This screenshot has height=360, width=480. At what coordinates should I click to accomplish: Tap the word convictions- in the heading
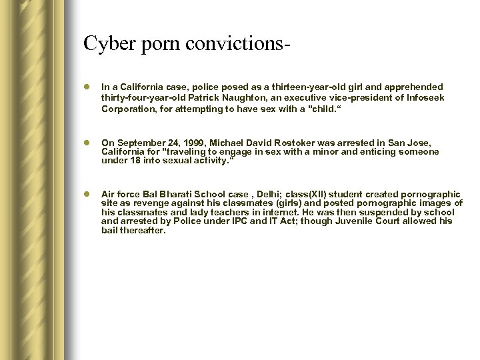231,43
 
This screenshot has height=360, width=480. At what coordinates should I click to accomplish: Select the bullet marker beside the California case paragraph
87,87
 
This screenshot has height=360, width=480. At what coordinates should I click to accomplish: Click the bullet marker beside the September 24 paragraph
87,143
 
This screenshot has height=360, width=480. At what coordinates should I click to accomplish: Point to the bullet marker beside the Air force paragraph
87,195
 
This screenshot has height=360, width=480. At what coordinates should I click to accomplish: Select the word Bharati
169,195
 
